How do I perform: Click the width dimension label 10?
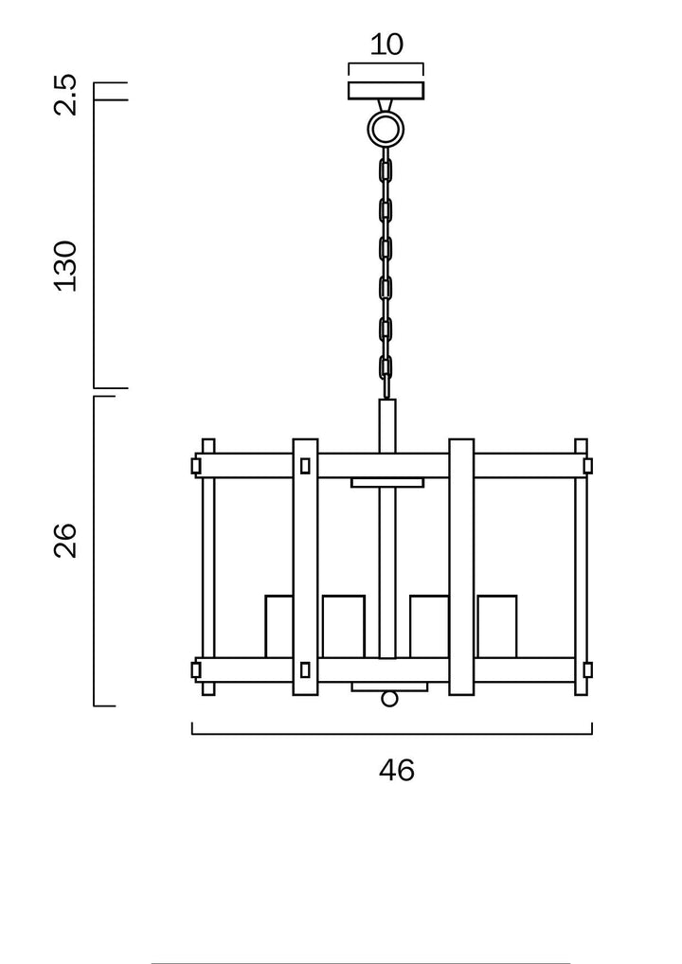point(386,45)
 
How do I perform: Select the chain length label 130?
point(65,266)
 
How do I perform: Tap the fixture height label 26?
point(65,539)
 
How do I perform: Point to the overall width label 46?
point(397,771)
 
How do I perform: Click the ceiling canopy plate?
point(386,91)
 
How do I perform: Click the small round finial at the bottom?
point(388,699)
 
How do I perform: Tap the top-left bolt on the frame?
point(196,466)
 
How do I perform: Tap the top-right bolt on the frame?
point(587,466)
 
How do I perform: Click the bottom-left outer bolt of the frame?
point(196,669)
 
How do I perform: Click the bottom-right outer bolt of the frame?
point(587,669)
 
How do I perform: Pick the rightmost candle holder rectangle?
point(497,626)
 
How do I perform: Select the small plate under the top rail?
point(387,483)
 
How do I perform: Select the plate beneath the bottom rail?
point(389,687)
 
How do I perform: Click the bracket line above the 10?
point(386,64)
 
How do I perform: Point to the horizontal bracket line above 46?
point(392,734)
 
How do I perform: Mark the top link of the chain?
point(386,171)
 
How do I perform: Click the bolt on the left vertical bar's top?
point(305,466)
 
